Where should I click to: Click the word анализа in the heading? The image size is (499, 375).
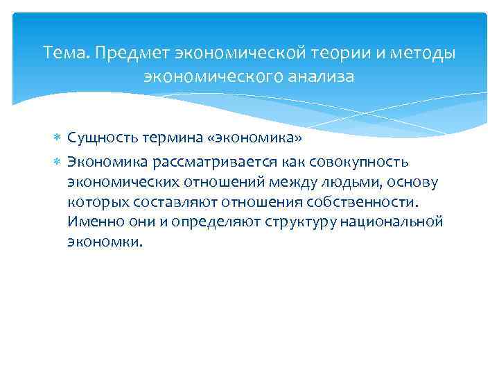click(321, 76)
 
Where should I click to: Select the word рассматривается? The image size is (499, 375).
click(201, 162)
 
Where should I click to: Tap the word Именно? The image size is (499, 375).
click(91, 222)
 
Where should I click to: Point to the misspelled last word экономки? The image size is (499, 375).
click(105, 242)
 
